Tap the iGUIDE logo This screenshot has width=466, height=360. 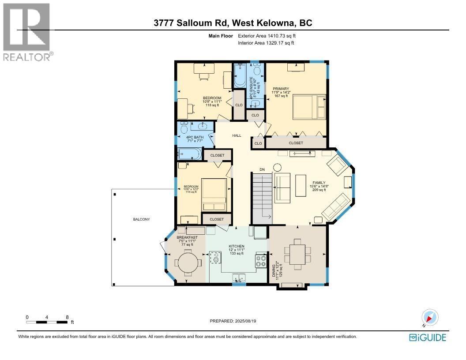(x=428, y=337)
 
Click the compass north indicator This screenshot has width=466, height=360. (x=429, y=318)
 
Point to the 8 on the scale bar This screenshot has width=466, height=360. (x=67, y=317)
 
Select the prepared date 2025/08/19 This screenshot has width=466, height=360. (x=233, y=321)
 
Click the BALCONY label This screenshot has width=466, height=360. (x=142, y=219)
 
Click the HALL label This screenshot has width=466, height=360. (x=237, y=136)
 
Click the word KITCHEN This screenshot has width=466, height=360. (x=237, y=246)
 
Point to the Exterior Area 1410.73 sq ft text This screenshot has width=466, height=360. (x=266, y=36)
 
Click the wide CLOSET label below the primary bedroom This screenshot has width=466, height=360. (x=296, y=143)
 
